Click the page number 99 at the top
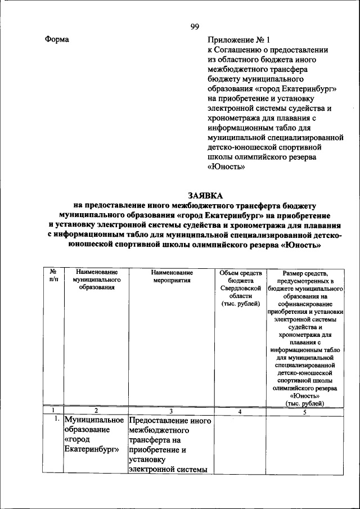coord(195,27)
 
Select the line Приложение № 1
coord(239,40)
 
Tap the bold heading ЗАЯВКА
coord(196,196)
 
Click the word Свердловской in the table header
coord(240,287)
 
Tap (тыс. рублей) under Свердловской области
coord(240,303)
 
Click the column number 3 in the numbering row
coord(172,411)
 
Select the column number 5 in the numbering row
coord(304,412)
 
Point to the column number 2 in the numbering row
coord(96,411)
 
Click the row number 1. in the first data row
coord(57,420)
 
